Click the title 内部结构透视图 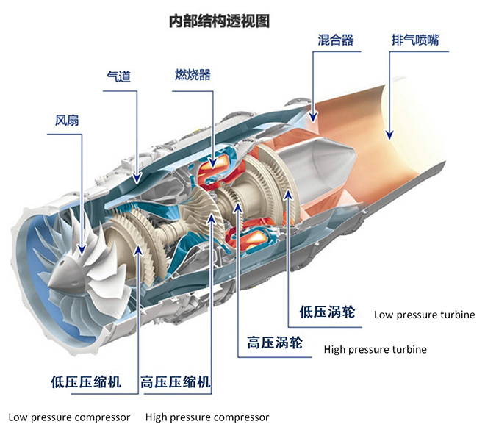pos(220,21)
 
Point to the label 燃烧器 pos(193,75)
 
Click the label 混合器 pos(335,40)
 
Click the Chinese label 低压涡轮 pos(327,312)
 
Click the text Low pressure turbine pos(424,315)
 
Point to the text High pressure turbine pos(375,349)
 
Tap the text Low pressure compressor pos(69,417)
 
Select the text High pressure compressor pos(207,417)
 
